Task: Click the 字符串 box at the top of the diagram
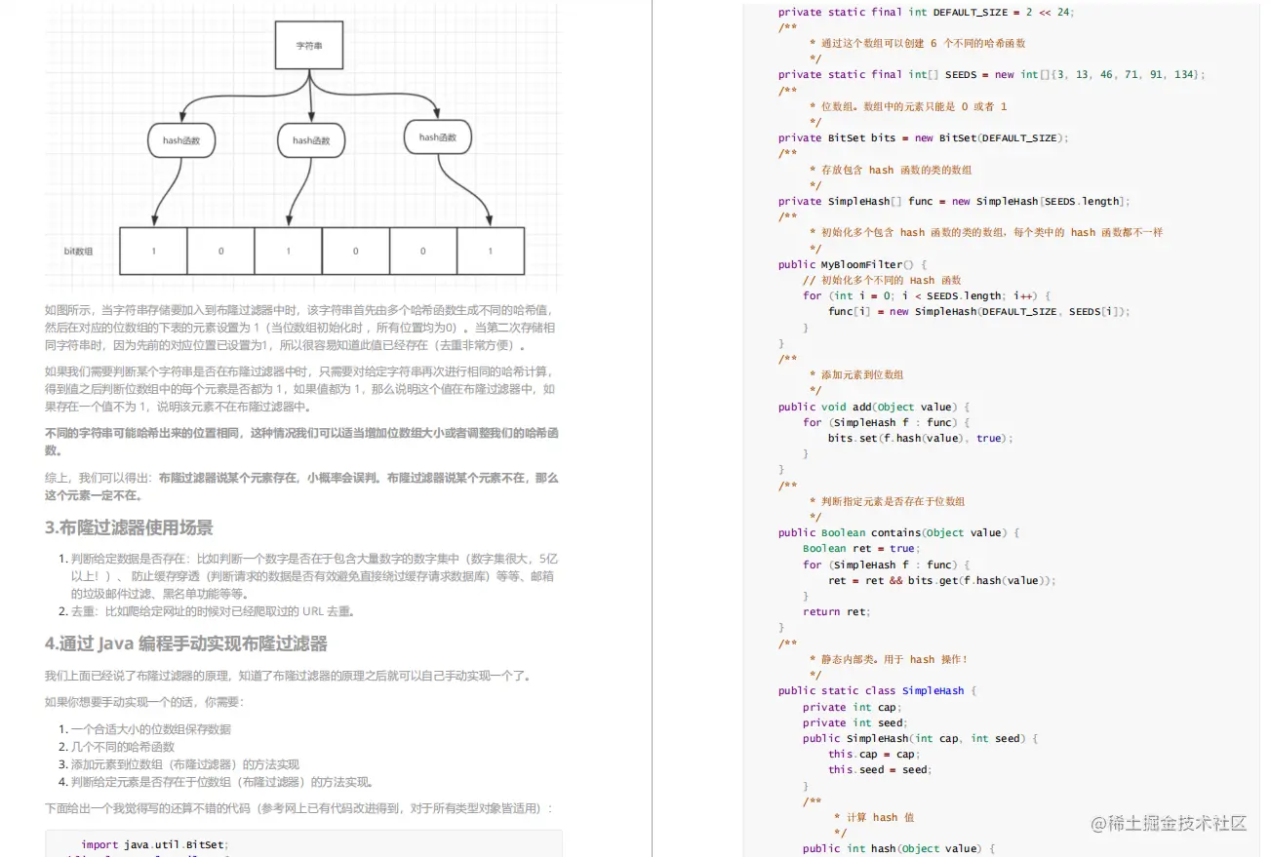309,46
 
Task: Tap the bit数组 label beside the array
78,252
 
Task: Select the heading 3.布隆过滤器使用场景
129,527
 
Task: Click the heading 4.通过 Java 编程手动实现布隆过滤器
185,643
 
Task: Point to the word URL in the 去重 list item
312,611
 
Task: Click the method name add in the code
861,407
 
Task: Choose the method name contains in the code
895,532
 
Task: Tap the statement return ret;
835,611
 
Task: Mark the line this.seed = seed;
880,769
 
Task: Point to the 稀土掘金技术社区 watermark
1169,823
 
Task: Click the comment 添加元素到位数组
862,374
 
